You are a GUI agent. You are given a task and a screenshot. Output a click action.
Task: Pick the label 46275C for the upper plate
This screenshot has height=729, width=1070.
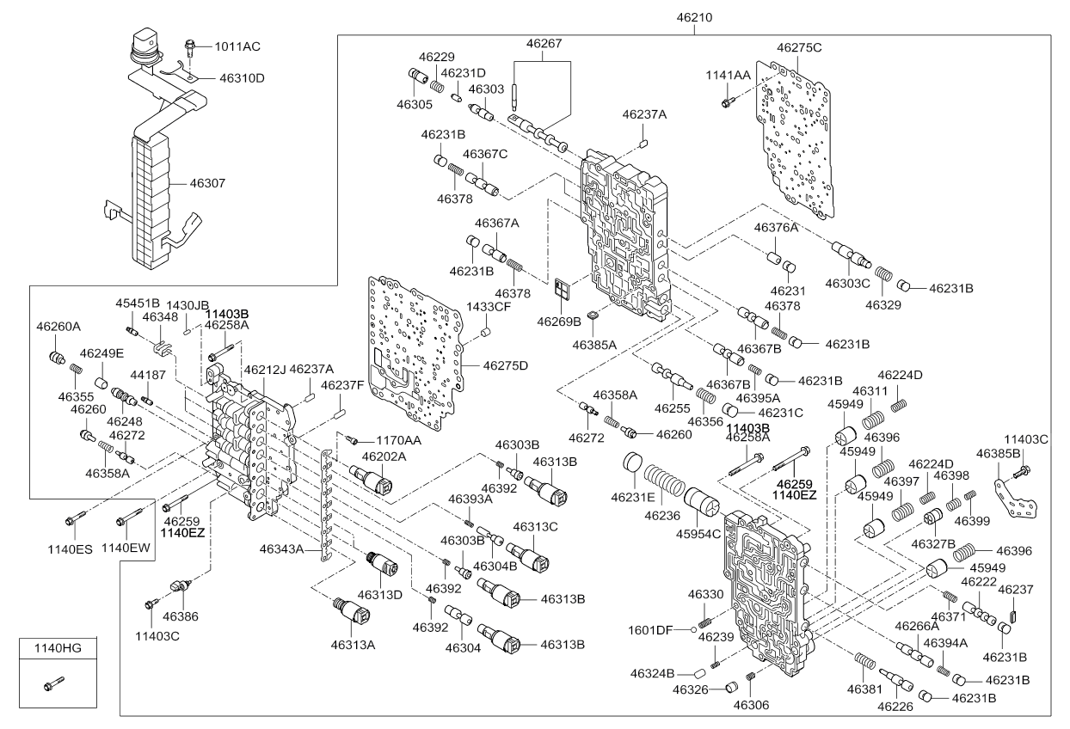point(799,48)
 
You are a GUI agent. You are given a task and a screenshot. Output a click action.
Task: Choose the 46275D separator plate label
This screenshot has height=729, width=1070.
point(506,365)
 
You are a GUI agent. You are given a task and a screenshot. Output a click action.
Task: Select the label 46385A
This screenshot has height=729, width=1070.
point(595,346)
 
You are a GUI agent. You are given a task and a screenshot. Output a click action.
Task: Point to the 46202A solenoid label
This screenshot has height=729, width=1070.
point(384,456)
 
